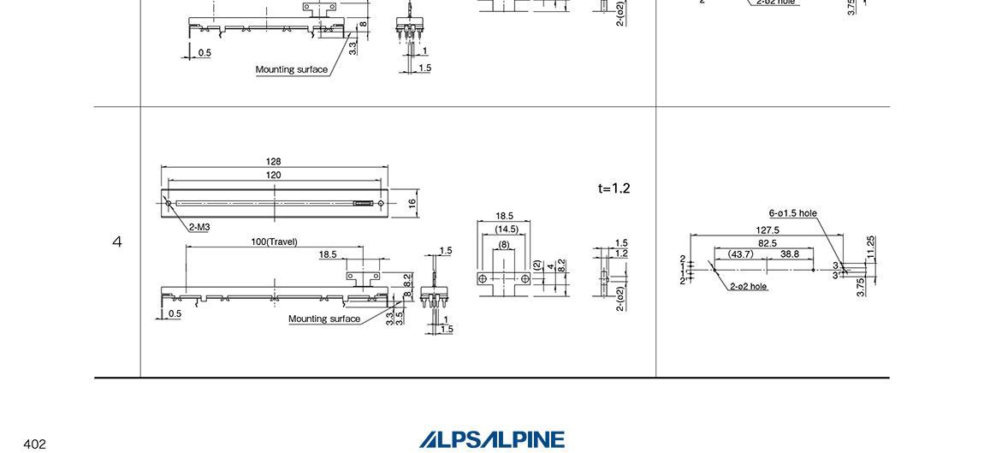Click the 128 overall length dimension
(x=274, y=161)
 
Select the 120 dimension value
(x=274, y=174)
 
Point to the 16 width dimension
(x=412, y=203)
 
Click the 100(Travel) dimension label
(x=274, y=241)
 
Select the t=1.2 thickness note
(x=614, y=188)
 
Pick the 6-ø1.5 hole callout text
(x=792, y=213)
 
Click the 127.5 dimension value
(x=768, y=229)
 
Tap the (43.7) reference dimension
(x=740, y=254)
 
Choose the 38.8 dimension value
(x=790, y=254)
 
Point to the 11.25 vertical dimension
(x=870, y=247)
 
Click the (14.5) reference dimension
(x=505, y=229)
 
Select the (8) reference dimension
(x=505, y=244)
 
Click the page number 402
(x=34, y=444)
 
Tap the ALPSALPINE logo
(x=492, y=439)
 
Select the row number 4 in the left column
(x=117, y=242)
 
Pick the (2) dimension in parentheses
(x=537, y=266)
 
